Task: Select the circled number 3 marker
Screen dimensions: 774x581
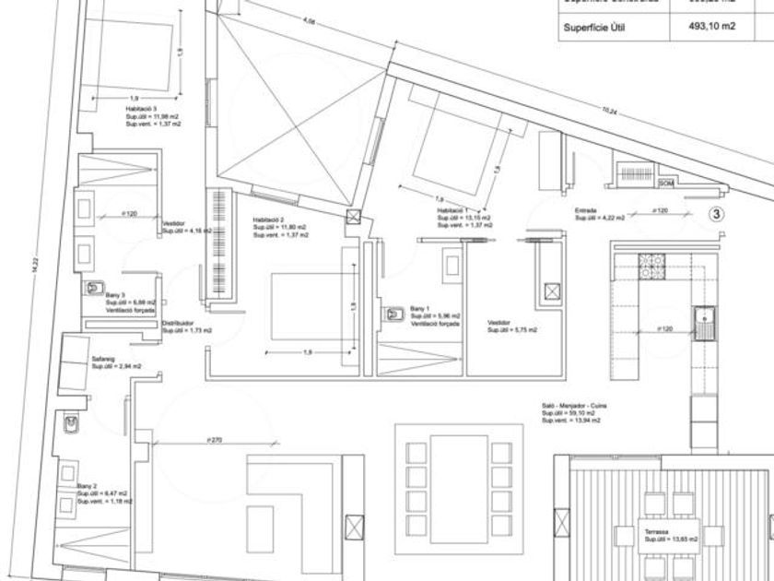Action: [x=718, y=214]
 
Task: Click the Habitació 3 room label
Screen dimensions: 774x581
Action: [x=141, y=109]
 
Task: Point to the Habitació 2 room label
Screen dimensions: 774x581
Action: [x=269, y=219]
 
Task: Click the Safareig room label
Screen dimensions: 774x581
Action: [x=102, y=360]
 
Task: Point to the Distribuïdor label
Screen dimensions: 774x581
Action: [x=178, y=324]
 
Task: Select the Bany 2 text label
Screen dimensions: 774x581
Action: [x=87, y=486]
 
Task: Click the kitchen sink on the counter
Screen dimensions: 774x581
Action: [x=707, y=322]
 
